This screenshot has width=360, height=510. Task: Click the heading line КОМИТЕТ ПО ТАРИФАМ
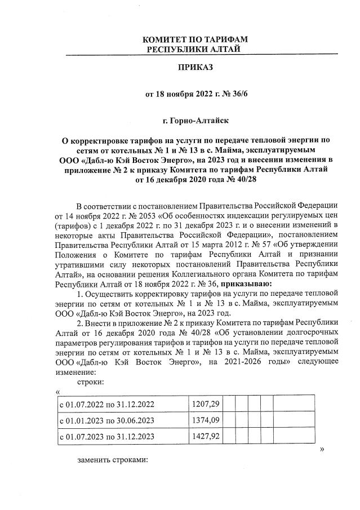[x=195, y=39]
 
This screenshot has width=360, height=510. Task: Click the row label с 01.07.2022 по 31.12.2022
[x=107, y=405]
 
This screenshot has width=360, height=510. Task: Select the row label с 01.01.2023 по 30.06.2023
[x=107, y=420]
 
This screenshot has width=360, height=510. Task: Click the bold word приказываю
[x=246, y=283]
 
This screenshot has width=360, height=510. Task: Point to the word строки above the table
[x=89, y=382]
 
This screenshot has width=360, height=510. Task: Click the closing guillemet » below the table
[x=321, y=449]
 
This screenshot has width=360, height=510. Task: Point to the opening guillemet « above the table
[x=58, y=392]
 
